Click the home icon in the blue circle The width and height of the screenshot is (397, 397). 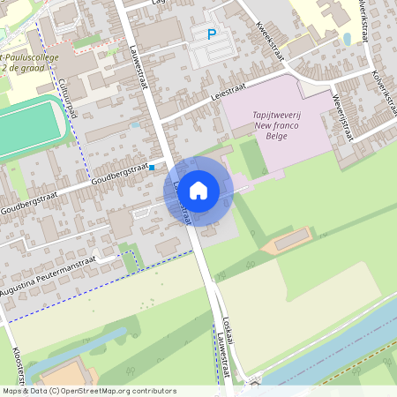tap(198, 190)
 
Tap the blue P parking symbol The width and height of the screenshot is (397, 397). tap(211, 35)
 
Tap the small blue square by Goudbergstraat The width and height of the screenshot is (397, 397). tap(152, 167)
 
